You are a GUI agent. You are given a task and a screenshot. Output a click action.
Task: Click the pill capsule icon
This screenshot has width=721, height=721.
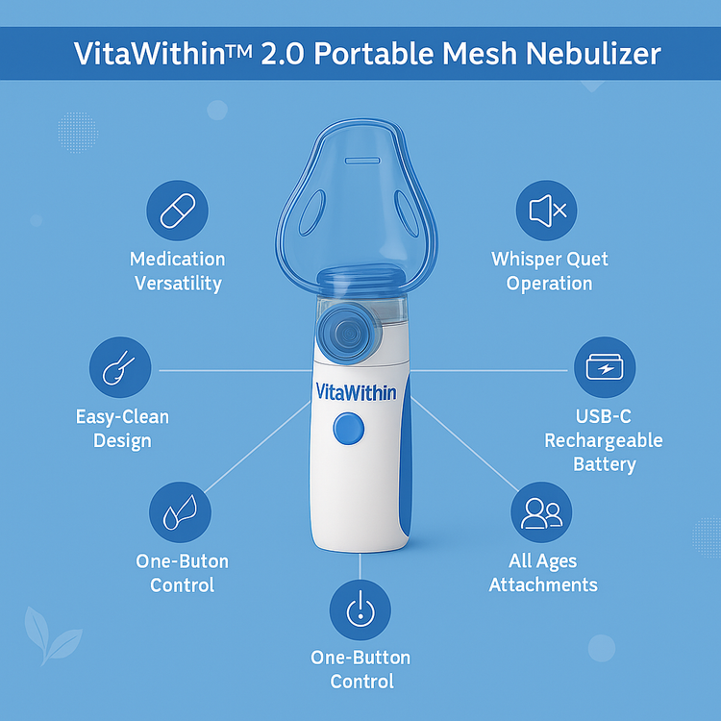(x=178, y=211)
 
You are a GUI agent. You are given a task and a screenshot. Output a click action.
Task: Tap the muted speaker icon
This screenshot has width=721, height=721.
(x=546, y=211)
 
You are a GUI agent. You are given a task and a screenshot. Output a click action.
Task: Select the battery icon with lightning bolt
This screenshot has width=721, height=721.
(x=605, y=367)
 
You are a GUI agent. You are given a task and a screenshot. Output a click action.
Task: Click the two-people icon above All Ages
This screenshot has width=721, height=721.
(x=541, y=512)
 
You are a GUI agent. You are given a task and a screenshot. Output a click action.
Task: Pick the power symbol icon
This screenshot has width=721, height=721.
(x=360, y=609)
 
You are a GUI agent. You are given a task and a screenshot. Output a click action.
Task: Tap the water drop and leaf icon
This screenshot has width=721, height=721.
(x=180, y=512)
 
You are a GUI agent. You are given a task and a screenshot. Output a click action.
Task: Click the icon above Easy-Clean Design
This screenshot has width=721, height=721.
(x=120, y=367)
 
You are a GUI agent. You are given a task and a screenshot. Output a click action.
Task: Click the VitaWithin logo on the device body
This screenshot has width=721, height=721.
(x=356, y=392)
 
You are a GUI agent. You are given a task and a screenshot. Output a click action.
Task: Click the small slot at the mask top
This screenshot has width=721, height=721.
(x=362, y=161)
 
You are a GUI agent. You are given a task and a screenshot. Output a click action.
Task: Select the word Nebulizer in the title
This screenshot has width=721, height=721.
(x=593, y=53)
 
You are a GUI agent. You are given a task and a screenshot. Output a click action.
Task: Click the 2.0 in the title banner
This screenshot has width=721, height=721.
(x=282, y=54)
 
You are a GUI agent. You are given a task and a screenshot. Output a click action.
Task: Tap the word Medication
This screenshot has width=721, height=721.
(x=178, y=259)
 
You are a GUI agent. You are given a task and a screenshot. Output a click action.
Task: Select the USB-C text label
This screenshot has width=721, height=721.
(x=604, y=416)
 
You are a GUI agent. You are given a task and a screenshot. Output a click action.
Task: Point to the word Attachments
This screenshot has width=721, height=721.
(x=543, y=584)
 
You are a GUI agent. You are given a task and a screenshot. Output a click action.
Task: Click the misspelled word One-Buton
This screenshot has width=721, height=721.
(x=182, y=561)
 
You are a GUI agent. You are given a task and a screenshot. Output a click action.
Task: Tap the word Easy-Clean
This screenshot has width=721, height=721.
(x=122, y=417)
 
